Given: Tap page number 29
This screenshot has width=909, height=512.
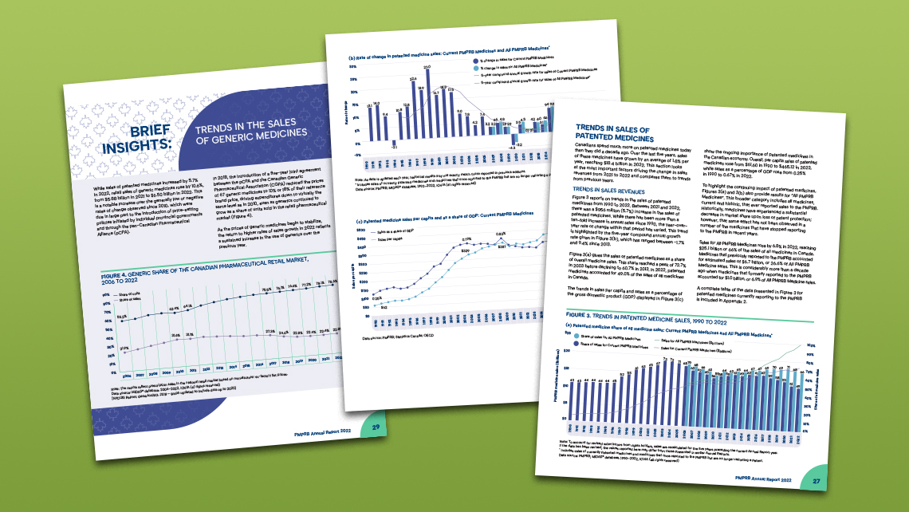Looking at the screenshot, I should click(376, 428).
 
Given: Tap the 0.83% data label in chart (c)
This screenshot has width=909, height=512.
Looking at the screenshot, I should click(502, 234).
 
